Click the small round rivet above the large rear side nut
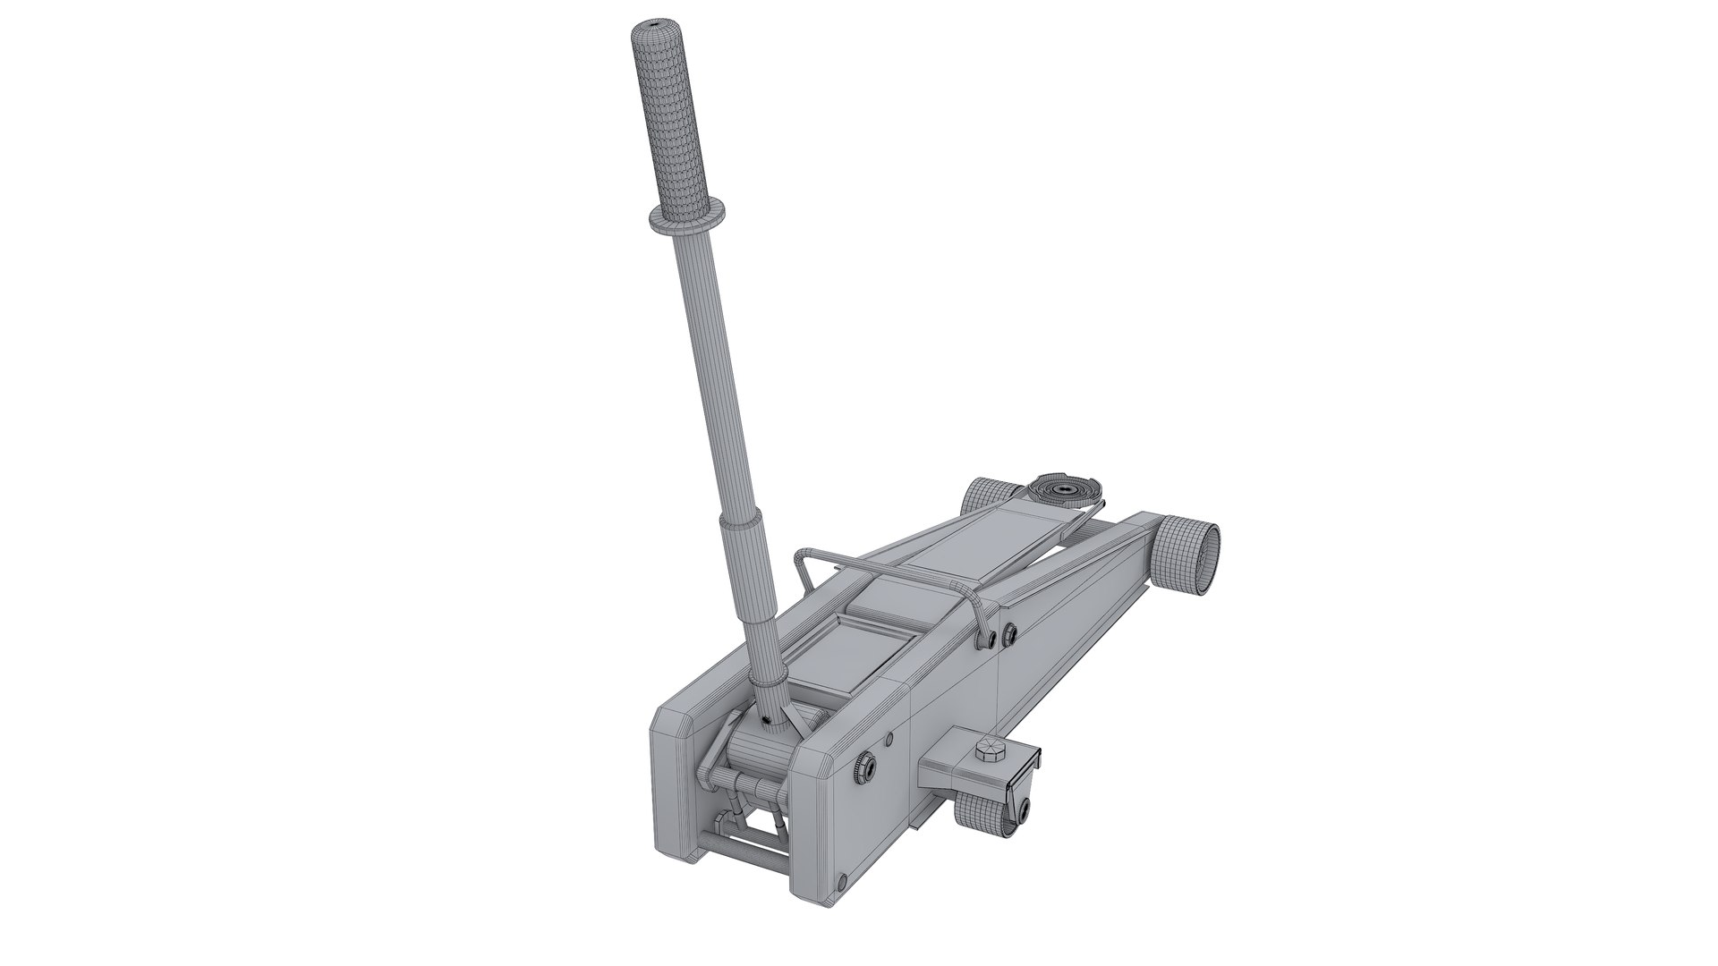click(x=889, y=713)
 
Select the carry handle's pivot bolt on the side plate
click(x=990, y=639)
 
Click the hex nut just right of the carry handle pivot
click(x=1010, y=633)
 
